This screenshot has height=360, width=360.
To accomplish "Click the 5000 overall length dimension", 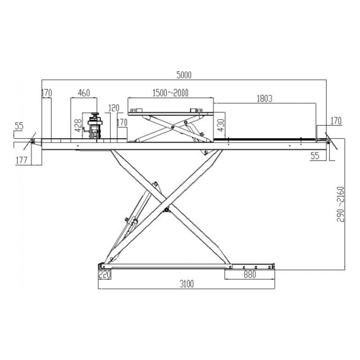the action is coord(184,75).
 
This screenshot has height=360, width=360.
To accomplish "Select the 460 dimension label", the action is coord(84,93).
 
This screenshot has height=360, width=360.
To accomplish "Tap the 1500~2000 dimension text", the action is coord(170,93).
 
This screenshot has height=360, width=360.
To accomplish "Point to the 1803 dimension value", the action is coord(264,98).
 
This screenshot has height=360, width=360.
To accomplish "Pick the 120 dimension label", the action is coord(114,108).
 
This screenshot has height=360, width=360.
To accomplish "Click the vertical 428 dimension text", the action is coord(79,126).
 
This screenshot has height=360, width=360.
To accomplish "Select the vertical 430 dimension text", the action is coord(221,125).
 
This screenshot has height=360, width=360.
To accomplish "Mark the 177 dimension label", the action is coord(22,160).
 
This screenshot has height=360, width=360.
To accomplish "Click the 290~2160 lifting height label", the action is coord(340,204).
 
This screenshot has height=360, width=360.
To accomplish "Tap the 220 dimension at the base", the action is coord(105,274).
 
